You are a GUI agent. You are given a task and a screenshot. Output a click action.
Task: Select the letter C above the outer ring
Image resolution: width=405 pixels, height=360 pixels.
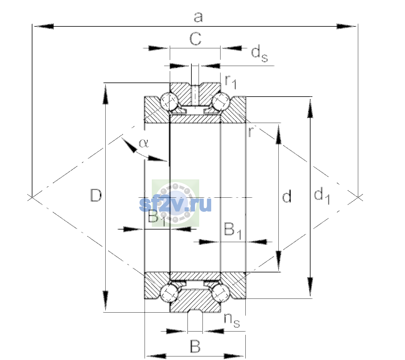point(195,39)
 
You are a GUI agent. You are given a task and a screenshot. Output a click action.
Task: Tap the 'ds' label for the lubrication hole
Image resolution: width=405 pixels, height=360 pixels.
point(259,53)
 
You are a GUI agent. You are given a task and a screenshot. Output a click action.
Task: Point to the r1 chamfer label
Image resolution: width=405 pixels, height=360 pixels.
point(231,82)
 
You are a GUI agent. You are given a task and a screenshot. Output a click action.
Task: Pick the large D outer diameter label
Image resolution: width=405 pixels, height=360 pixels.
point(96,195)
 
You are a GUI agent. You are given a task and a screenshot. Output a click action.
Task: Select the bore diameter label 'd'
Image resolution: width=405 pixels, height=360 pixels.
point(287,196)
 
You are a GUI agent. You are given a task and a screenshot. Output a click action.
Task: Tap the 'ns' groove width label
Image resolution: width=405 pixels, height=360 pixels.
point(232,320)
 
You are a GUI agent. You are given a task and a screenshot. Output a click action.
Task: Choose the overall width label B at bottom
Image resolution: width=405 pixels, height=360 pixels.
point(195,346)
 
